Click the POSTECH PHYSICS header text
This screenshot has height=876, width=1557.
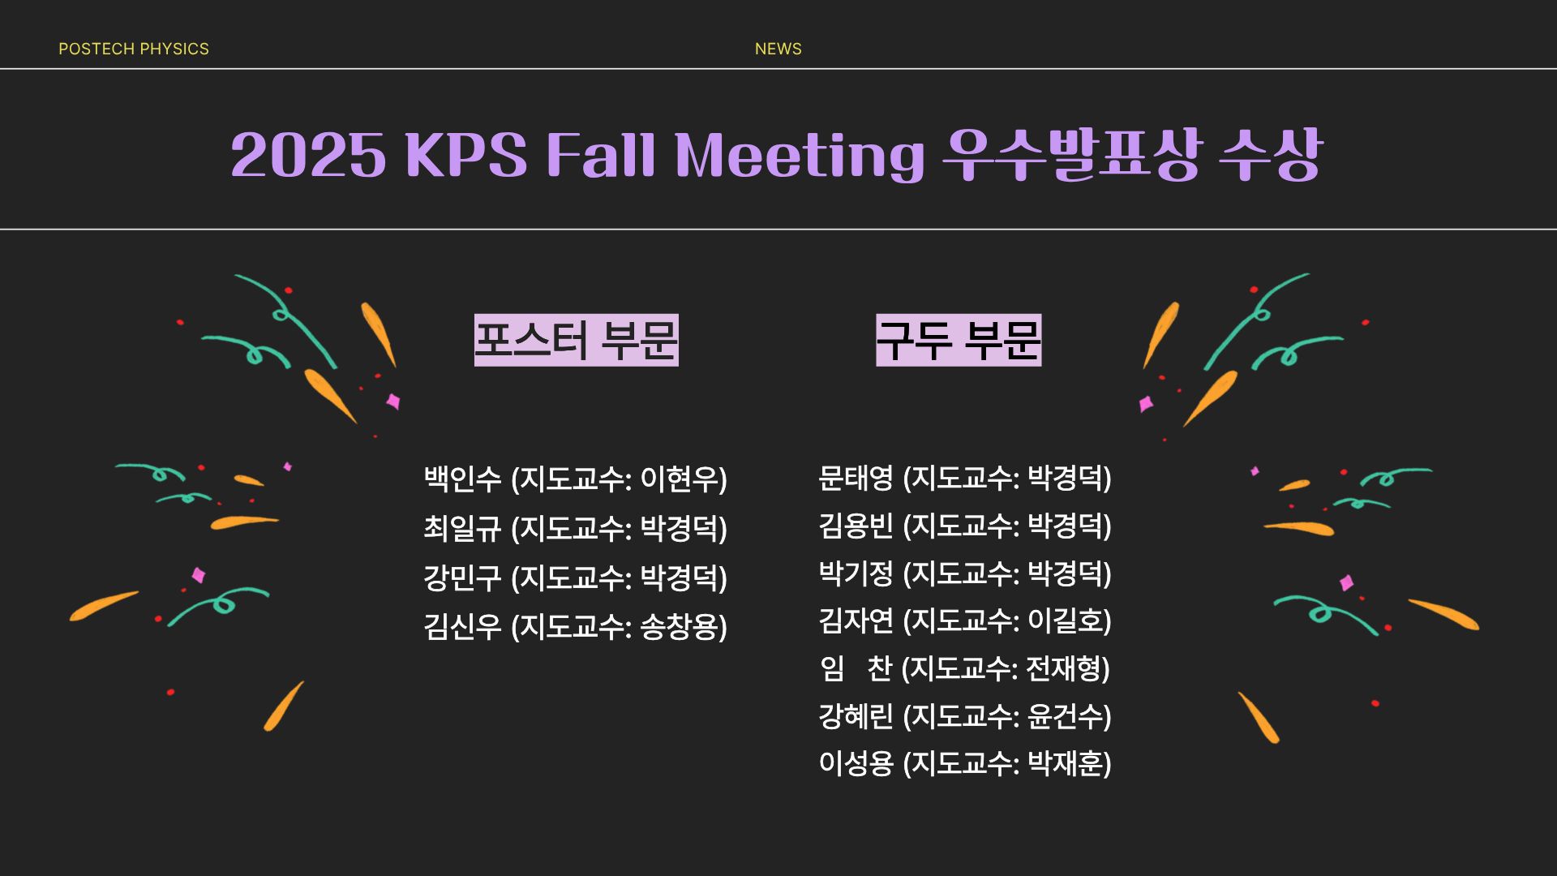[134, 49]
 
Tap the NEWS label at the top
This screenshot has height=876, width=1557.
[778, 49]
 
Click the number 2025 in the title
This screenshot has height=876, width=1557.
[308, 155]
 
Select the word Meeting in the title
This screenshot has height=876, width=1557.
[800, 156]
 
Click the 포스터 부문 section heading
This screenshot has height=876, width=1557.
[576, 341]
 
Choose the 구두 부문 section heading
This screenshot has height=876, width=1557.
[959, 341]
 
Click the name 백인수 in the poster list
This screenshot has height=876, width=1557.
[462, 479]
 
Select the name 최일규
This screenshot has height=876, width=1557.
[462, 528]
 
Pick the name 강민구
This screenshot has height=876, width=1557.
[462, 578]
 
